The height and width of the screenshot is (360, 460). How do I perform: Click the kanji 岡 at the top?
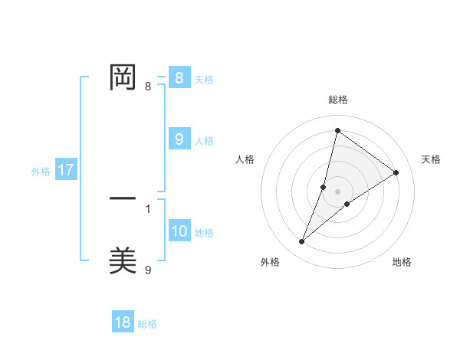123,77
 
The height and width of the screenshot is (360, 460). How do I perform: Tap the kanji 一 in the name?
123,198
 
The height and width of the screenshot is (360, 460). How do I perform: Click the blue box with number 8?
179,78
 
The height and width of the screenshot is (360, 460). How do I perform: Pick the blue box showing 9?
179,139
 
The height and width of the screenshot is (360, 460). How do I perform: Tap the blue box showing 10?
179,231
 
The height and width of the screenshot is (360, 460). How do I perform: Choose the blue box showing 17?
65,170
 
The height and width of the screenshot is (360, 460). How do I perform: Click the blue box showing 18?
123,322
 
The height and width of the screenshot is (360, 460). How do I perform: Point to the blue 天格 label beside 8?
204,79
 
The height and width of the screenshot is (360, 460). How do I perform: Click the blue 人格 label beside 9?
204,141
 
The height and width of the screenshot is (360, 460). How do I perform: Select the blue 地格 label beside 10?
204,233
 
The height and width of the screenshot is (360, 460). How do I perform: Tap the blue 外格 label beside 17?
41,172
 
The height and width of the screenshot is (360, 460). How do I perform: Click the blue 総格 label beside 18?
147,324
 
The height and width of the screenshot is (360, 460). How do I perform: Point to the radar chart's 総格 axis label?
338,100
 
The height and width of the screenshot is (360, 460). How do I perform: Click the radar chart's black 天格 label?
432,159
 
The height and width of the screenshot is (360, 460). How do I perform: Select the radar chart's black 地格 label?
402,262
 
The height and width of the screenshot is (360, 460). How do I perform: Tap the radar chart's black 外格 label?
270,262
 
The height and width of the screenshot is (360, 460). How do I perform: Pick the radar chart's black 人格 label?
245,159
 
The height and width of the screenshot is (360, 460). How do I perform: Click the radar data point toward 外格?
302,242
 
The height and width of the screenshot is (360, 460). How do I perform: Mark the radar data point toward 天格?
396,172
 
